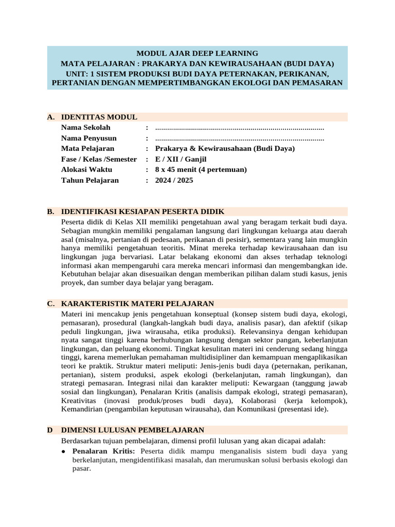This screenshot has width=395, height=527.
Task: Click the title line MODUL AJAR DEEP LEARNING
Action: click(x=197, y=53)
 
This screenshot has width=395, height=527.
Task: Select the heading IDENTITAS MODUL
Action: click(x=99, y=117)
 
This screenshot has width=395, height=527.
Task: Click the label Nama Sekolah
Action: click(x=85, y=128)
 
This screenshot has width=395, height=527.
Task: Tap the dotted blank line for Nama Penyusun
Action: click(x=239, y=138)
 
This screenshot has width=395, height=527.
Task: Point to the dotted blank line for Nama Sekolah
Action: click(x=239, y=128)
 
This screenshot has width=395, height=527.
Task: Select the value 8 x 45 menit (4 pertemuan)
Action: click(x=201, y=170)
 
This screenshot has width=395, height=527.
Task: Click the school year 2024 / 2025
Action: click(x=174, y=181)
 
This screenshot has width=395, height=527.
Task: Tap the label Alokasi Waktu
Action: click(x=86, y=170)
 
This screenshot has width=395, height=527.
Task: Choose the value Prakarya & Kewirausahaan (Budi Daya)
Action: click(x=225, y=149)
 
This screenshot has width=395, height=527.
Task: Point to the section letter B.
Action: click(x=50, y=212)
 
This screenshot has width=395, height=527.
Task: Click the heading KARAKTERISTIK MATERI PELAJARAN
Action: click(x=137, y=304)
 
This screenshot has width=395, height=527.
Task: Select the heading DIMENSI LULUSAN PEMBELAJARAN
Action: click(x=133, y=430)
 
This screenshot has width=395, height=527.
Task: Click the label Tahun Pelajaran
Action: click(x=89, y=181)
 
